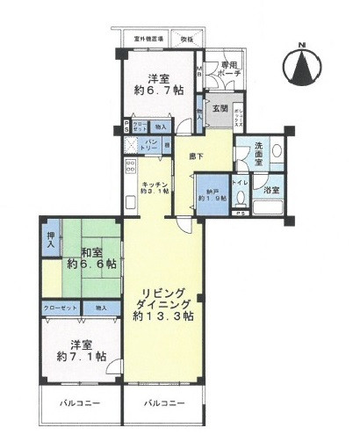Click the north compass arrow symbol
[x=304, y=69]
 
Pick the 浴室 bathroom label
[x=272, y=189]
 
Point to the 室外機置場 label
[x=149, y=39]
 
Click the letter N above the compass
[x=303, y=44]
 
